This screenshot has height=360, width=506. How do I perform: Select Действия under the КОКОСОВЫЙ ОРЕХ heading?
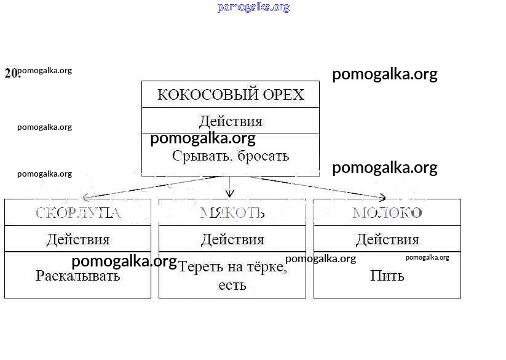pos(231,121)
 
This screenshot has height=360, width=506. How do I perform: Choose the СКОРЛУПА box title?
pos(77,213)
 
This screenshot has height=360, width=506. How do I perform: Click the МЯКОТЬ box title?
pos(232,213)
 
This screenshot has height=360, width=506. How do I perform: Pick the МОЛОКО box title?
pos(387,213)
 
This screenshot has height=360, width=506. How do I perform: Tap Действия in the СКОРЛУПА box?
pos(78,239)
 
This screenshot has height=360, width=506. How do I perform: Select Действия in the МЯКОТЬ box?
pos(232,239)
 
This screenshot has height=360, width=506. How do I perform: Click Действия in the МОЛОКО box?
pos(387,239)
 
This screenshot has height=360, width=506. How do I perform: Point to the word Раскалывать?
pos(78,276)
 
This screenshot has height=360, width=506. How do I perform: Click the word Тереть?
pos(199,267)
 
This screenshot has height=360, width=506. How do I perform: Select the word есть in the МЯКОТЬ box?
pos(232,286)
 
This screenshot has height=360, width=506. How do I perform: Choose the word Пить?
pos(387,276)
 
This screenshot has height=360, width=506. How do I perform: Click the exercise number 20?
pos(11,73)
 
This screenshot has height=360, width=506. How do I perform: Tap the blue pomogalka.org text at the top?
pos(253,7)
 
